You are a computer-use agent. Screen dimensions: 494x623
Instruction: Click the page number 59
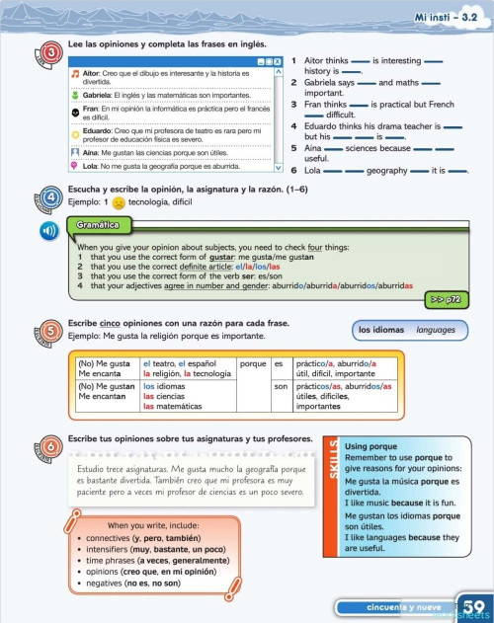coord(472,606)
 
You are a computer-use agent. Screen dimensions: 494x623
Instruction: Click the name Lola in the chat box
coord(92,167)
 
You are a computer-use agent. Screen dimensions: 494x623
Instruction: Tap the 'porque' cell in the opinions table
coord(254,364)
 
